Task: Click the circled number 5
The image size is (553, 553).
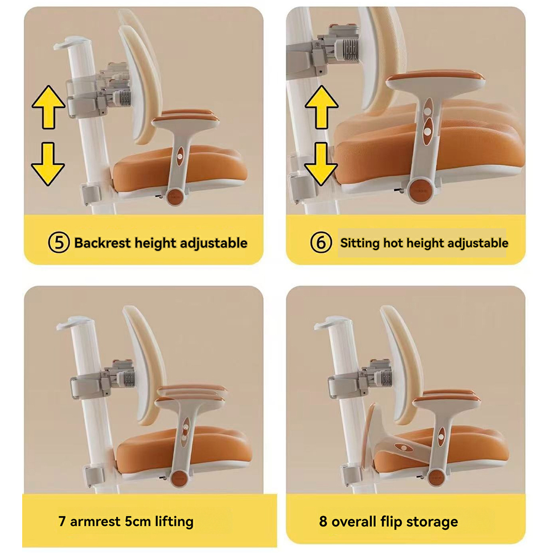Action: coord(59,243)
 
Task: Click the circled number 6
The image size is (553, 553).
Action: coord(321,243)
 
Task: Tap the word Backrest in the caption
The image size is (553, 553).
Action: coord(102,243)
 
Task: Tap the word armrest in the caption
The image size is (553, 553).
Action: coord(95,521)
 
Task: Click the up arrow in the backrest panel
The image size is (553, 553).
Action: coord(48,107)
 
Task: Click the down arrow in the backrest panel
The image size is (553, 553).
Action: coord(48,164)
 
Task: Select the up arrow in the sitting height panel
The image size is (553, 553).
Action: coord(321,107)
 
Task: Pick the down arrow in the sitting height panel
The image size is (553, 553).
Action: coord(321,164)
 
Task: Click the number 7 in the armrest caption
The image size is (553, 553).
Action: coord(62,521)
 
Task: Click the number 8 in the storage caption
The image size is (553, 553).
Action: coord(323,521)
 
